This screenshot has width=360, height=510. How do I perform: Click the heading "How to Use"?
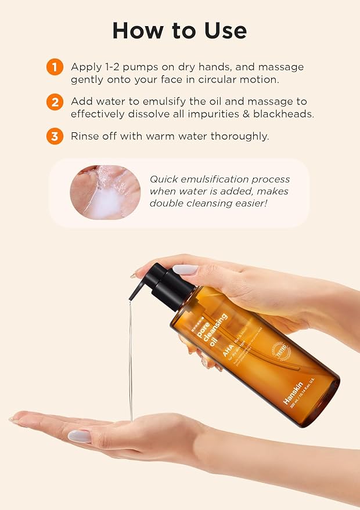(179, 30)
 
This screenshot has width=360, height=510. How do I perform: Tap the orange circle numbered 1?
(55, 67)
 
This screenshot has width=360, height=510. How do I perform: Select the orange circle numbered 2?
(55, 102)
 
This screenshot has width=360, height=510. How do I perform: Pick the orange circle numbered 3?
(55, 137)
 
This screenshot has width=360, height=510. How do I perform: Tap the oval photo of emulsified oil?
(105, 192)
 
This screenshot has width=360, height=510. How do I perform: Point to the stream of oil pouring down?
(131, 360)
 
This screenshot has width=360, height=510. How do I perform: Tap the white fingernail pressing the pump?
(185, 269)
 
